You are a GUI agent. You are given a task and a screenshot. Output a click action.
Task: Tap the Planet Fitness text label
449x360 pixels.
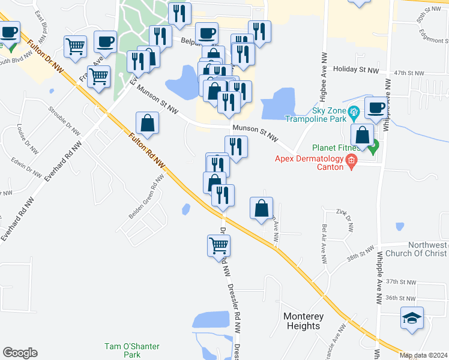pyautogui.click(x=337, y=148)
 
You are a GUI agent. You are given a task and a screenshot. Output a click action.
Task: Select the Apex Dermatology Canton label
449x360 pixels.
pyautogui.click(x=309, y=163)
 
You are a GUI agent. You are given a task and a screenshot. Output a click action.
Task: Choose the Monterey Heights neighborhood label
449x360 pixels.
pyautogui.click(x=303, y=321)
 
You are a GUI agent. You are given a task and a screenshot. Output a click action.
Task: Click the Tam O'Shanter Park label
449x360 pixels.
pyautogui.click(x=122, y=350)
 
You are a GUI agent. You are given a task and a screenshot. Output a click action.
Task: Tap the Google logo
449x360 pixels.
pyautogui.click(x=20, y=353)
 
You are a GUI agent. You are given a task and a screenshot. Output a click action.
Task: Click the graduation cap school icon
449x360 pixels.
pyautogui.click(x=412, y=318)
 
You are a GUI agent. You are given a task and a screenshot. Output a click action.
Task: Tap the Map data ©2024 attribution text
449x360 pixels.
pyautogui.click(x=423, y=355)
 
